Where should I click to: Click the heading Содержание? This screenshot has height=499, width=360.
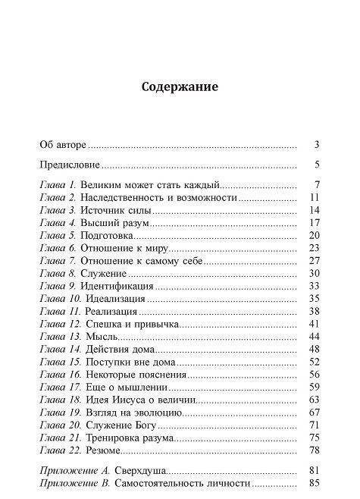coord(180,86)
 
